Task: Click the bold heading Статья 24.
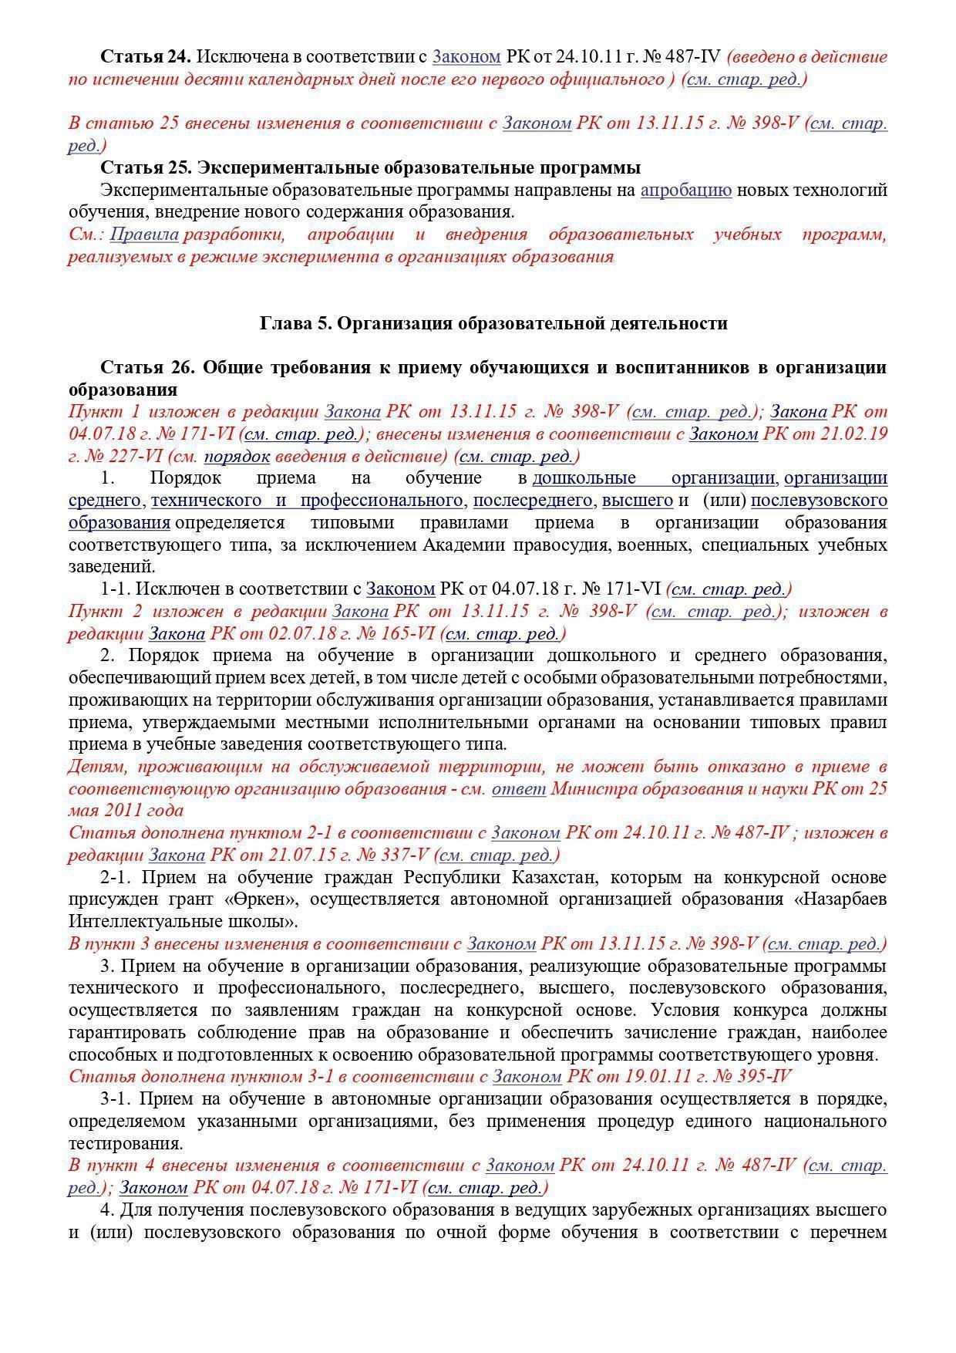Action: [x=145, y=56]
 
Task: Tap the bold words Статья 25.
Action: [x=145, y=167]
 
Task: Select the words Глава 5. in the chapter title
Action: [x=296, y=323]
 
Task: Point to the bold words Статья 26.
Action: [x=145, y=367]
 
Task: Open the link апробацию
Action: [x=686, y=190]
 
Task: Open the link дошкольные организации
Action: [x=654, y=478]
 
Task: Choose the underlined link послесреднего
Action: [x=533, y=501]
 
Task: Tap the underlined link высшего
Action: [x=638, y=501]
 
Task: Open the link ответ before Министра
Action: [x=519, y=789]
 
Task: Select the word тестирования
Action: [x=126, y=1144]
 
